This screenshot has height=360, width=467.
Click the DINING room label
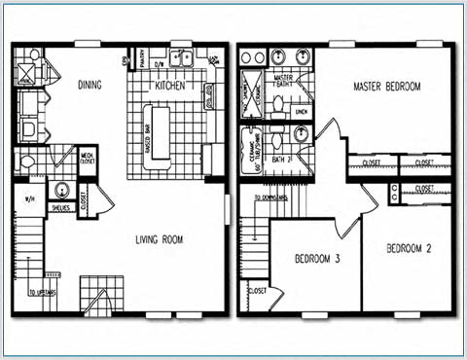tap(89, 86)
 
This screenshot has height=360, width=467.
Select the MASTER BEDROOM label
tap(386, 87)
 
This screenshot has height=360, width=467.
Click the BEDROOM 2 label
tap(409, 248)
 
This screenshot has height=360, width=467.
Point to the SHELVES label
tap(61, 206)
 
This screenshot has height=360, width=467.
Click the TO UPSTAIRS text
tap(40, 292)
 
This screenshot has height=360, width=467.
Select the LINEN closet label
tap(301, 112)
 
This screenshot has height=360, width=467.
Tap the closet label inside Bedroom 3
tap(259, 291)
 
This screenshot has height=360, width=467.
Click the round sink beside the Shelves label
tap(61, 190)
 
